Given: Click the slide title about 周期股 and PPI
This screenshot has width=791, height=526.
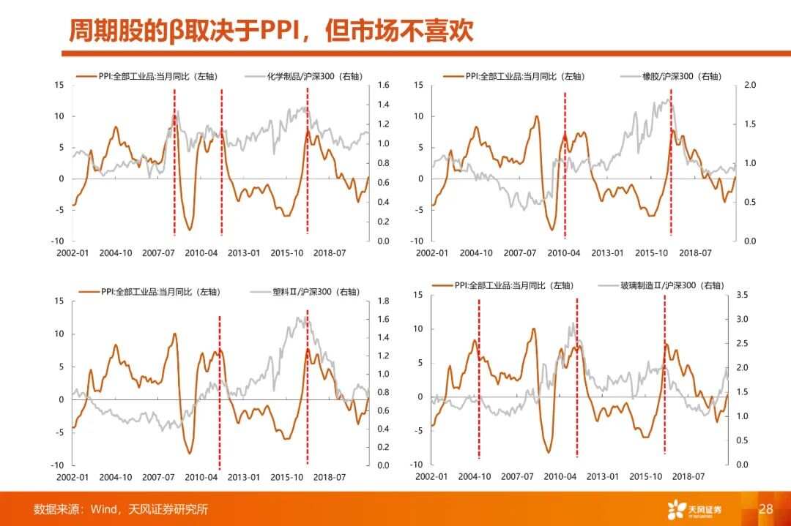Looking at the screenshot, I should tap(271, 30).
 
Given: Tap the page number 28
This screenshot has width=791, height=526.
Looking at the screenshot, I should tap(766, 508).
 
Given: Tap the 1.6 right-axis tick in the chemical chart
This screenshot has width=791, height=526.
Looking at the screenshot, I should tap(383, 86).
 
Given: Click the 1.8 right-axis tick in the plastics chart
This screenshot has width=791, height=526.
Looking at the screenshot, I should tap(383, 301).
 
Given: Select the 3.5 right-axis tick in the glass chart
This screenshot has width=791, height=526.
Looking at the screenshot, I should tap(742, 295).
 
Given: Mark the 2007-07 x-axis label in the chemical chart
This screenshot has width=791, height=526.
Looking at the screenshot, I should tap(158, 253).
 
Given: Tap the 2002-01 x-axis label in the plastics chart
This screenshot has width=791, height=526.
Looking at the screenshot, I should tap(72, 477).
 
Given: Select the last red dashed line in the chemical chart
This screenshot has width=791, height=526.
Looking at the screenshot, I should tap(307, 161).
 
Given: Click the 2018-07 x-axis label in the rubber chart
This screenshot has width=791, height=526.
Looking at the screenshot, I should tap(694, 253).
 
